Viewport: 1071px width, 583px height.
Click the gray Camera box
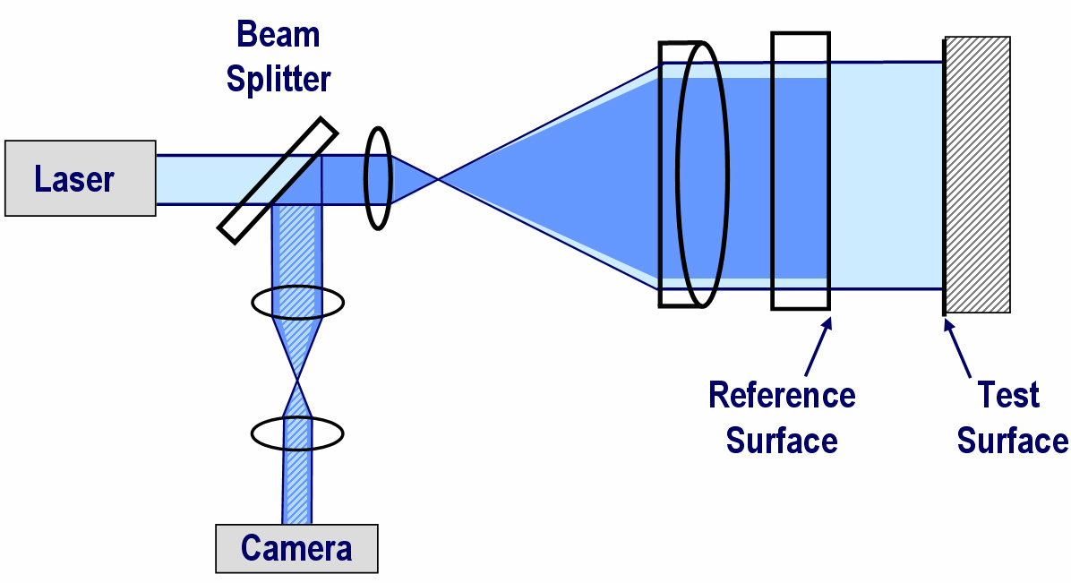coord(296,547)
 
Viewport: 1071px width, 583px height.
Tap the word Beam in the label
coord(278,35)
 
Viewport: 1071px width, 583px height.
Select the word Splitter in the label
coord(278,79)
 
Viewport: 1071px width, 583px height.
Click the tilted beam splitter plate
coord(278,180)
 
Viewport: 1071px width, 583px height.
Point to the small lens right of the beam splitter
coord(378,179)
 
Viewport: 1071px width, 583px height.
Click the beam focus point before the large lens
coord(438,180)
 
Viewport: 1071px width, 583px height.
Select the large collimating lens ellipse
coord(702,176)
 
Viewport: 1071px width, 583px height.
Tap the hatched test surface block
coord(978,175)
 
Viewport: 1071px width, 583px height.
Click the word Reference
coord(781,395)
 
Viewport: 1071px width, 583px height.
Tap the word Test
coord(1008,395)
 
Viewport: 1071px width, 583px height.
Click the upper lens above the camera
coord(297,303)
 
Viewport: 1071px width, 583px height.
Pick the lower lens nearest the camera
coord(297,433)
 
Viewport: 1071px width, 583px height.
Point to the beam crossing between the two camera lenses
coord(296,382)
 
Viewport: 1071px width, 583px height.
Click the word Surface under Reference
coord(781,441)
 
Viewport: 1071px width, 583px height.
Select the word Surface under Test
coord(1012,441)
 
